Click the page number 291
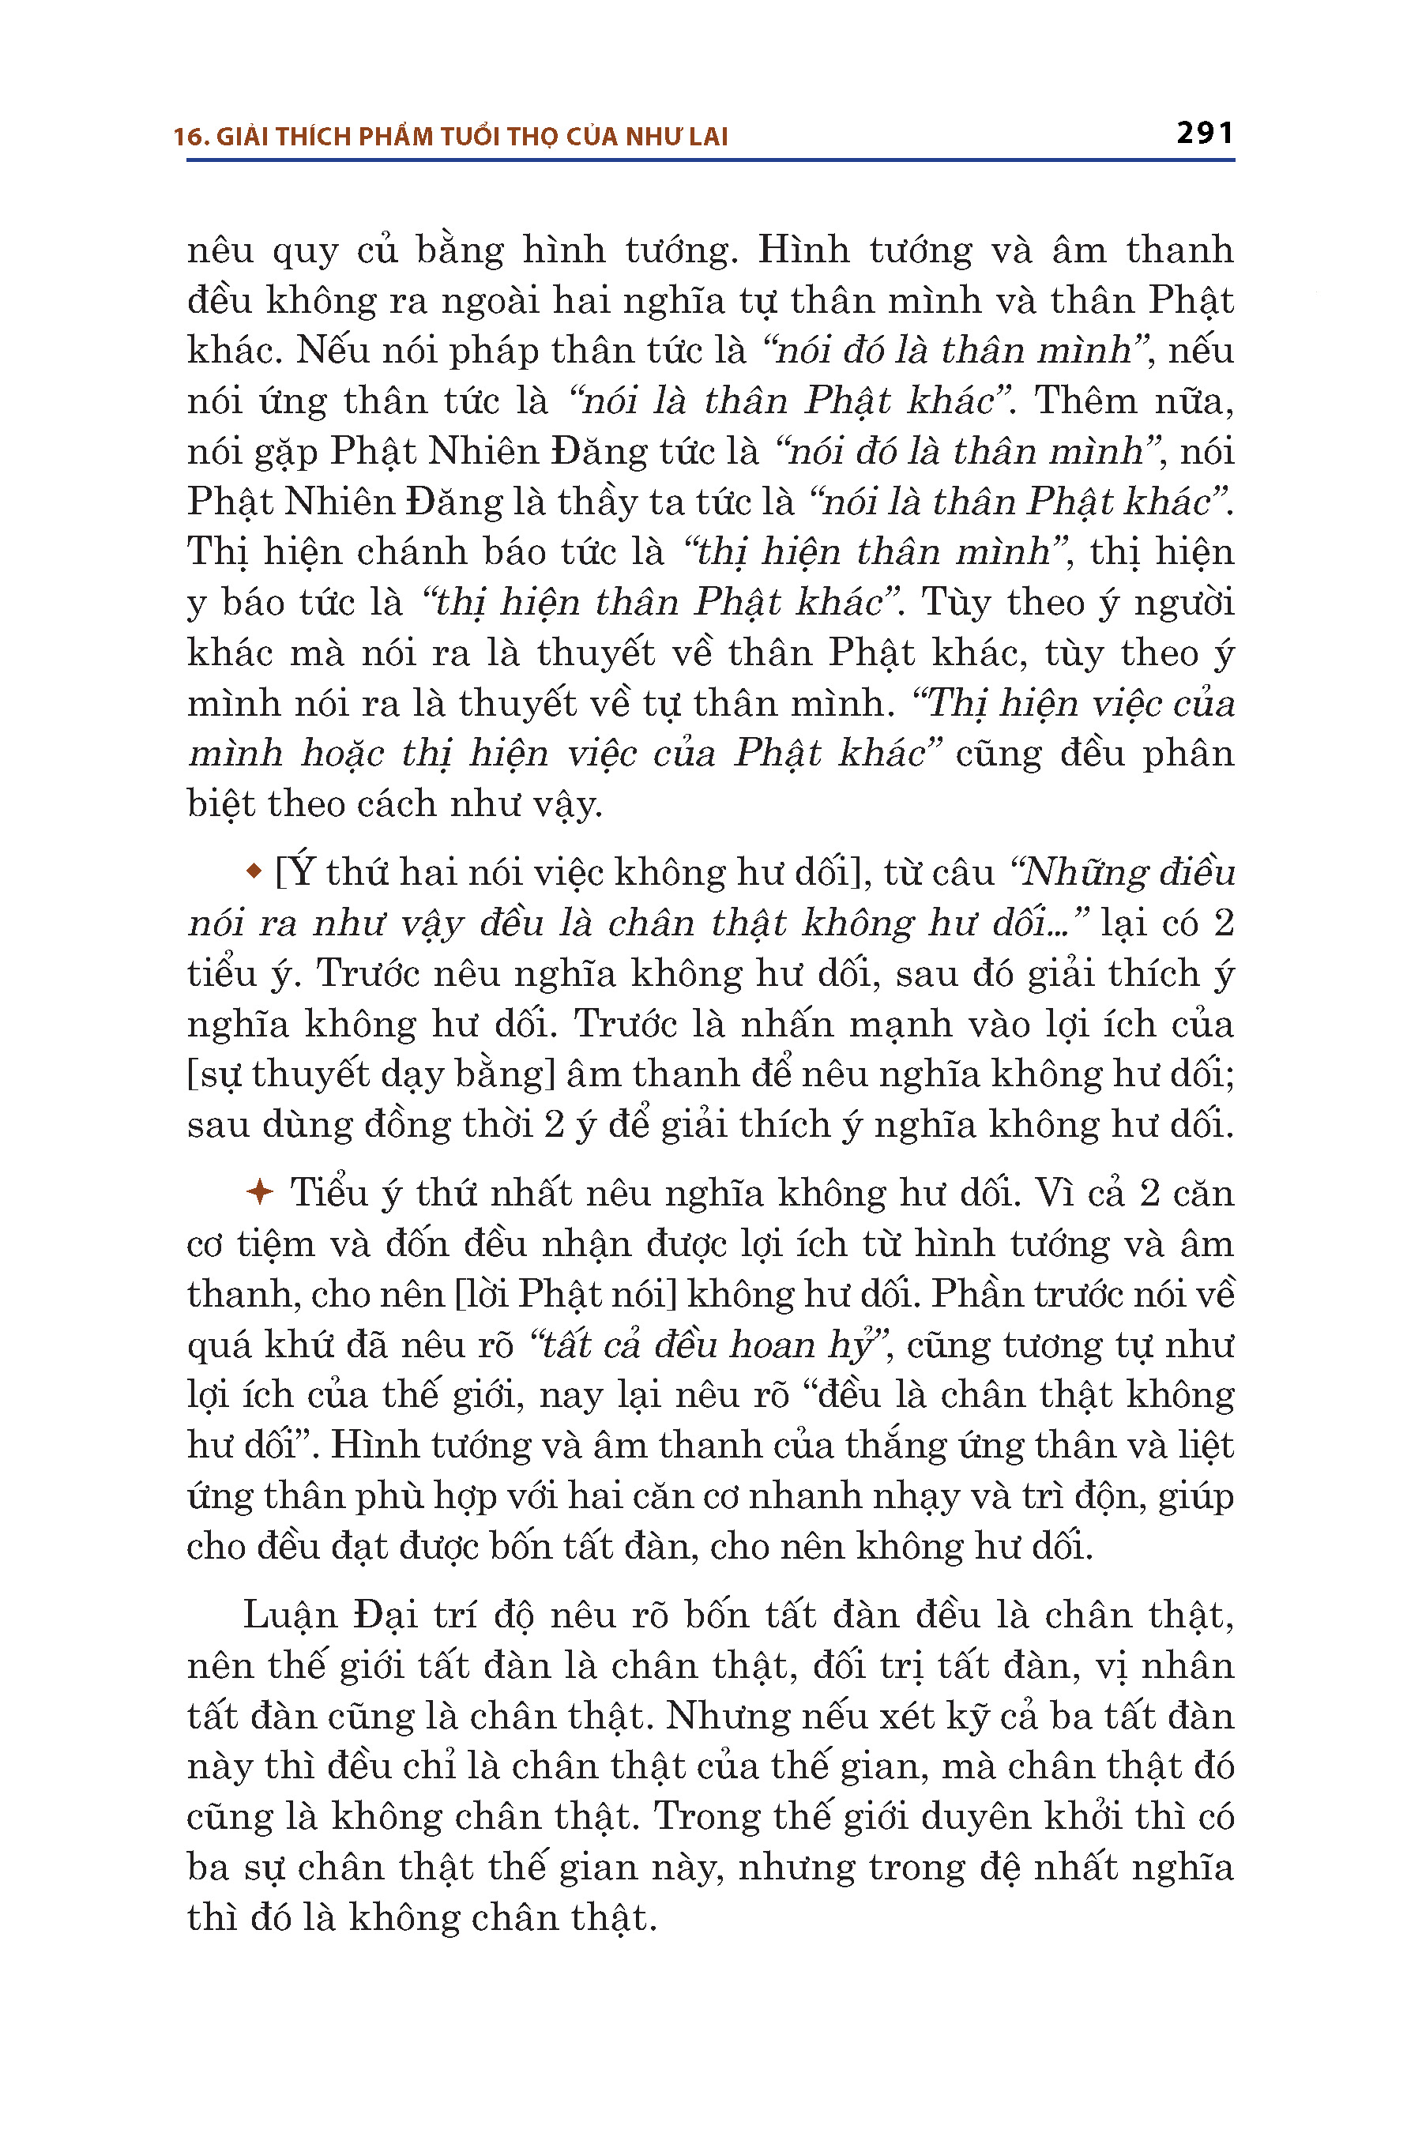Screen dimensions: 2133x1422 (1204, 134)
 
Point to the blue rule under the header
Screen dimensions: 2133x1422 (710, 160)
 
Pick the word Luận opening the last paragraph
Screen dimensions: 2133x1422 (289, 1616)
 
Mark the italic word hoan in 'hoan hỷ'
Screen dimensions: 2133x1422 (772, 1345)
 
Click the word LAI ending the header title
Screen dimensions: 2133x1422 (709, 137)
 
